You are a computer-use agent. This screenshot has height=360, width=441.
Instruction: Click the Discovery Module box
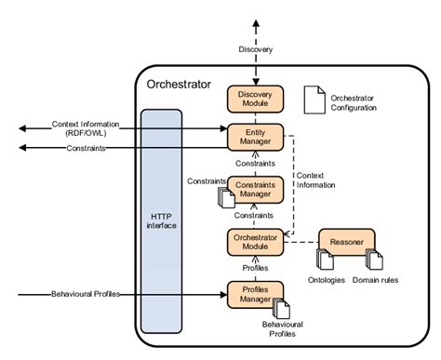point(254,99)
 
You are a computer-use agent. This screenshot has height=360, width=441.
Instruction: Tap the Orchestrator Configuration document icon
point(314,99)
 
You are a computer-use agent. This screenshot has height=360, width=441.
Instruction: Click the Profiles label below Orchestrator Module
point(254,268)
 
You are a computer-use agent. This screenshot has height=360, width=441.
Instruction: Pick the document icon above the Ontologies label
point(325,260)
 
